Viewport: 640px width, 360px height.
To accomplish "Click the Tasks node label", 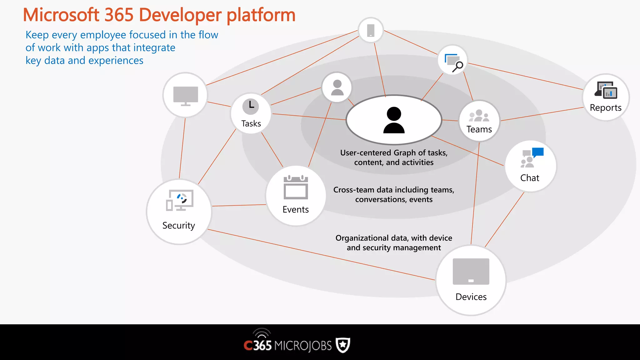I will [251, 123].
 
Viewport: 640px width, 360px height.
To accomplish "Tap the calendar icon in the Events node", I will [296, 187].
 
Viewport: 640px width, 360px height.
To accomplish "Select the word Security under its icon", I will [178, 225].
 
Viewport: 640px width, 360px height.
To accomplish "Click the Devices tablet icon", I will [471, 271].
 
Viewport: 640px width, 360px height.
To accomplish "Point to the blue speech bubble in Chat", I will [538, 152].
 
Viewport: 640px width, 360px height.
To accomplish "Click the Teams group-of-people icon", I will [479, 116].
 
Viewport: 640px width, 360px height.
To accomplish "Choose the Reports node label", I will [605, 107].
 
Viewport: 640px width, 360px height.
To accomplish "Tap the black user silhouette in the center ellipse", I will [394, 120].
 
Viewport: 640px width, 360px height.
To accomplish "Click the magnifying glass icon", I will [458, 66].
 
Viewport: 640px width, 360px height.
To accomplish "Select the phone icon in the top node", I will [371, 30].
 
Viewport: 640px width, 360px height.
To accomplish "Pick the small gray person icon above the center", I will [337, 87].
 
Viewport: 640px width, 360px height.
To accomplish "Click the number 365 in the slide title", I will [119, 15].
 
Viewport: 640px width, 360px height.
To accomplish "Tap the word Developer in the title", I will [180, 15].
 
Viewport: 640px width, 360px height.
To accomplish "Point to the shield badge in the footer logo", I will [343, 345].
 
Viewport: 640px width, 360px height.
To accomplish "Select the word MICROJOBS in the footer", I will [303, 346].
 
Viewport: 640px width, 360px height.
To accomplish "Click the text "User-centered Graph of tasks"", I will [394, 152].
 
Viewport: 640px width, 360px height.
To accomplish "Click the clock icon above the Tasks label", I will [251, 106].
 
